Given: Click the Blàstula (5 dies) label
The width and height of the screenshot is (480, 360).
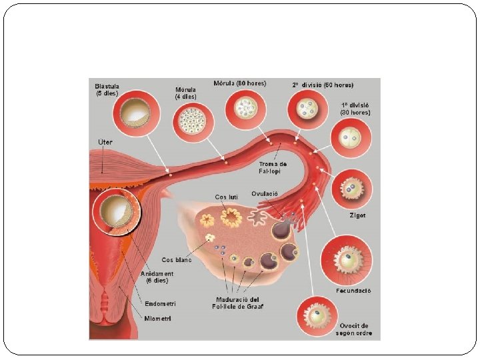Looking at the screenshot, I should pos(107,89).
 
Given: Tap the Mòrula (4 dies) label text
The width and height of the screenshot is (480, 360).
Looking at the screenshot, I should pos(185,93).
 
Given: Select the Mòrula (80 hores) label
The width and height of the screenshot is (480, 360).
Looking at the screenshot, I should pos(239,83).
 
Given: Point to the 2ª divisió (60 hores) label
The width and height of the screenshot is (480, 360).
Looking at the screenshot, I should pos(323,85).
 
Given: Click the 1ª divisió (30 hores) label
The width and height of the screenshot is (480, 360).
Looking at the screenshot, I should pos(355,109).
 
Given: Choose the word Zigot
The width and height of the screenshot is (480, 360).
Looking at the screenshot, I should pos(357,215).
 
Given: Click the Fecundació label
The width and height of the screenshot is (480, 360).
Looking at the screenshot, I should pos(353,291).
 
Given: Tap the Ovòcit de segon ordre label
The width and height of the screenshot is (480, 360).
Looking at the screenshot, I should pos(353,329).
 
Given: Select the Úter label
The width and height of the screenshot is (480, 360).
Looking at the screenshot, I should pos(105,142).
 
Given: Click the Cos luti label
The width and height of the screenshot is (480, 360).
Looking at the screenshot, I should pos(225,197).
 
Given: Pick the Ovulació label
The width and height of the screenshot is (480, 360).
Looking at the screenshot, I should pos(265,193).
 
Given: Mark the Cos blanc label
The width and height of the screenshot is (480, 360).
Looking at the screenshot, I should pos(177,259).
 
